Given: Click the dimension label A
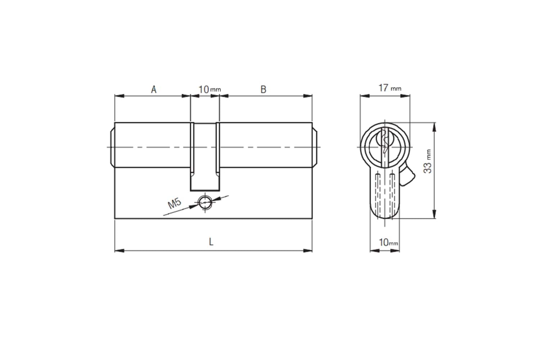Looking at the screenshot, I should pos(154,89).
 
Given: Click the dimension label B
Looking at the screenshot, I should pos(263,89).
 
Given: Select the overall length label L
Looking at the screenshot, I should pos(211,242).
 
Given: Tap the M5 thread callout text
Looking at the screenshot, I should pos(175,204).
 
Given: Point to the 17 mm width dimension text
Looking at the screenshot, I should pos(389,88).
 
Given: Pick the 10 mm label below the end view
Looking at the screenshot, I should pos(388,243).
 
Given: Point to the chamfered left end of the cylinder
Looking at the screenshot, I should pos(111,147).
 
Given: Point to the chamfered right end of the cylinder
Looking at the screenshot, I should pos(315,147).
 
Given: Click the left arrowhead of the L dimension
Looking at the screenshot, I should pos(119,250).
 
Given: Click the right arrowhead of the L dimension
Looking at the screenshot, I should pos(308,250).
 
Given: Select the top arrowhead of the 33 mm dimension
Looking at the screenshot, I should pos(435,126).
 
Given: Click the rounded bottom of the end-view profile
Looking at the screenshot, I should pos(385,216).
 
